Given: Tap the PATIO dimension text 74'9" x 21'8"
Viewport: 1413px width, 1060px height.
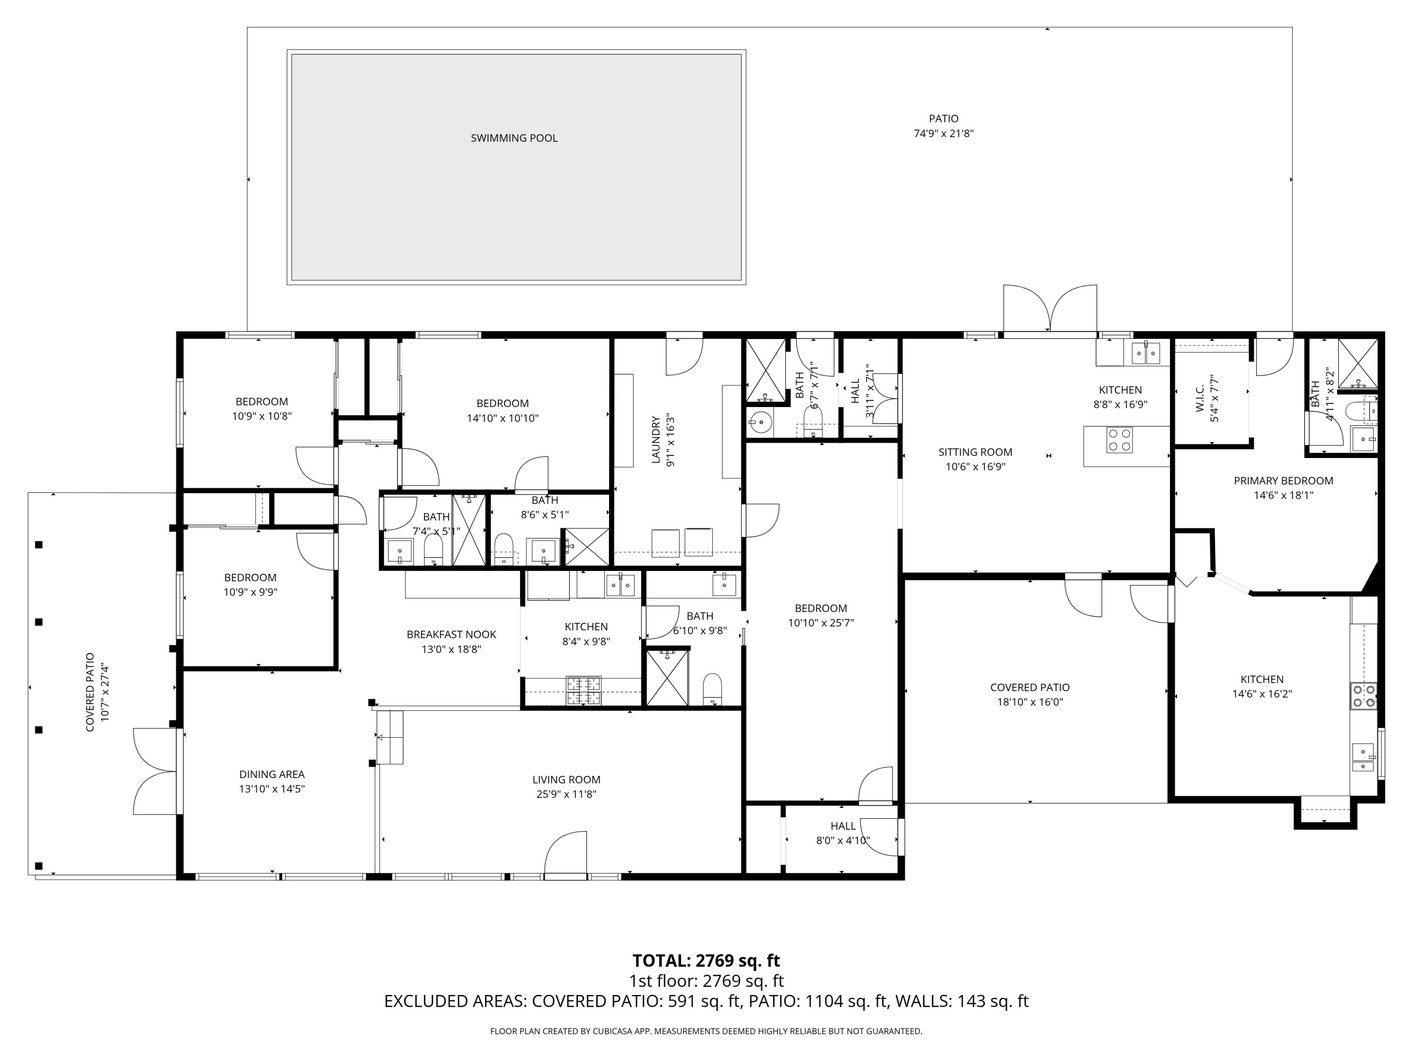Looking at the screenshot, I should coord(943,133).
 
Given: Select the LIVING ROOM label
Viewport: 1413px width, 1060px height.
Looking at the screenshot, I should coord(566,780).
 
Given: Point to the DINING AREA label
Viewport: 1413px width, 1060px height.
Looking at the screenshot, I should coord(271,774).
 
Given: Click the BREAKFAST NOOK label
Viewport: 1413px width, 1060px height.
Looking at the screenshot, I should coord(451,635).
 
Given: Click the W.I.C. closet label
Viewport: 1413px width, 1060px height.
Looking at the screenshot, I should coord(1200,398).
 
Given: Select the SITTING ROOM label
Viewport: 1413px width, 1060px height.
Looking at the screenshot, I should coord(975,452).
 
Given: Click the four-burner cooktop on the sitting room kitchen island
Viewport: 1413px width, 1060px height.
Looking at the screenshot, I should coord(1119,440).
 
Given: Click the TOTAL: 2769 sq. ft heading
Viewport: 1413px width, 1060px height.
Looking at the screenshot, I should coord(706,960).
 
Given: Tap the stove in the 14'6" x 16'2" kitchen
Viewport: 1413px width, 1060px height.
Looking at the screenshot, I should coord(1363,696).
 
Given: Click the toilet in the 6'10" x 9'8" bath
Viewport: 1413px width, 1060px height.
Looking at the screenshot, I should coord(712,689).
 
